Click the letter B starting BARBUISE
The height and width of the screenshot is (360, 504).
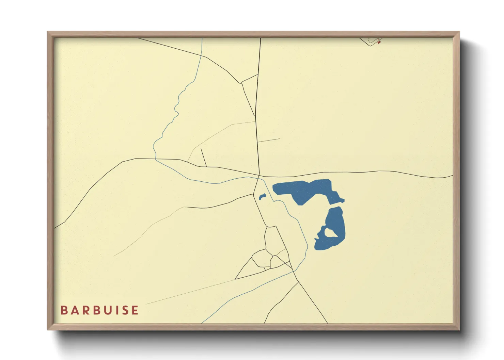(64, 310)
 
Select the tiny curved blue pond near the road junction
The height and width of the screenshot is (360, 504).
(262, 197)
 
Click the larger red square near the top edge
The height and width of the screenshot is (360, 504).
(379, 43)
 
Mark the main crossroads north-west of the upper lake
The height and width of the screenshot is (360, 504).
(259, 176)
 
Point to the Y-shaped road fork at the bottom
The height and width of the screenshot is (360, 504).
(298, 282)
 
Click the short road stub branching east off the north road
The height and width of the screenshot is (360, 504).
(269, 140)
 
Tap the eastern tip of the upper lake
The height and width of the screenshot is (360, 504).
(343, 200)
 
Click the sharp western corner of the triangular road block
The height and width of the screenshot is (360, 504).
(236, 279)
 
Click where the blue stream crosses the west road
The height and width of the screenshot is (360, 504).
(156, 159)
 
